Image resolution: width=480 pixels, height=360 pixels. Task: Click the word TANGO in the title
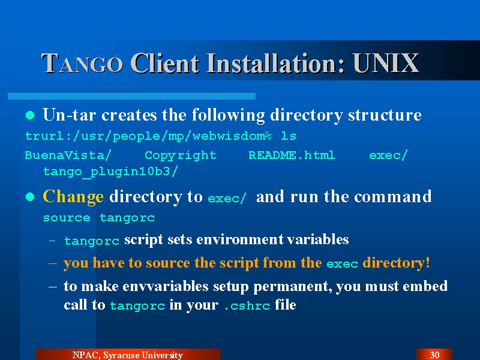click(82, 63)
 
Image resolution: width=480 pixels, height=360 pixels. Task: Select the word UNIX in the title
click(386, 63)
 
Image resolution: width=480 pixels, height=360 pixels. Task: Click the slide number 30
click(434, 355)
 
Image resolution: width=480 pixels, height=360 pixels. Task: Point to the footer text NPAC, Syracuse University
click(128, 355)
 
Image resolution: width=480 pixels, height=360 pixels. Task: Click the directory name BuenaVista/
click(68, 155)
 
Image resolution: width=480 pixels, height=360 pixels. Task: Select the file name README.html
click(292, 155)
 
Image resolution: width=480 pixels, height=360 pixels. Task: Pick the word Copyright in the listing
click(181, 155)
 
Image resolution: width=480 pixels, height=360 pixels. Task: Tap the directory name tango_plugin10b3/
click(110, 172)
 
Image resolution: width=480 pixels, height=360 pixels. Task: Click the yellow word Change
click(73, 197)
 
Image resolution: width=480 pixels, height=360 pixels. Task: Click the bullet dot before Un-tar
click(30, 115)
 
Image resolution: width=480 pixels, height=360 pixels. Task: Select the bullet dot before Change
click(30, 197)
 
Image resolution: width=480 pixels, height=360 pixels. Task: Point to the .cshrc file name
click(247, 306)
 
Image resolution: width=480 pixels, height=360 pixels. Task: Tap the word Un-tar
click(70, 115)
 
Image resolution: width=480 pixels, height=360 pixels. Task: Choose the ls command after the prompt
click(289, 136)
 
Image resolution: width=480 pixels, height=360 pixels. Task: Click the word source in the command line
click(67, 218)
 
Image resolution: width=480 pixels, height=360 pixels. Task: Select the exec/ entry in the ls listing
click(388, 155)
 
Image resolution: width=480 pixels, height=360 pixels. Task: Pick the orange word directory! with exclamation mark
click(396, 263)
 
